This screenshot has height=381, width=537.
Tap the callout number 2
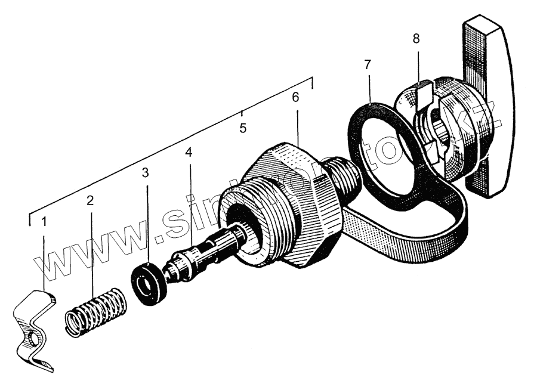click(x=90, y=201)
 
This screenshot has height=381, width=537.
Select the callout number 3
click(x=145, y=173)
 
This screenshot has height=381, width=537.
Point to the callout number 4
click(x=189, y=152)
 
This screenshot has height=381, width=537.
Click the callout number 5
click(x=243, y=128)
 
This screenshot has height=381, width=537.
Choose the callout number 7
click(x=368, y=64)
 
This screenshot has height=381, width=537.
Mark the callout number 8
click(x=416, y=39)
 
